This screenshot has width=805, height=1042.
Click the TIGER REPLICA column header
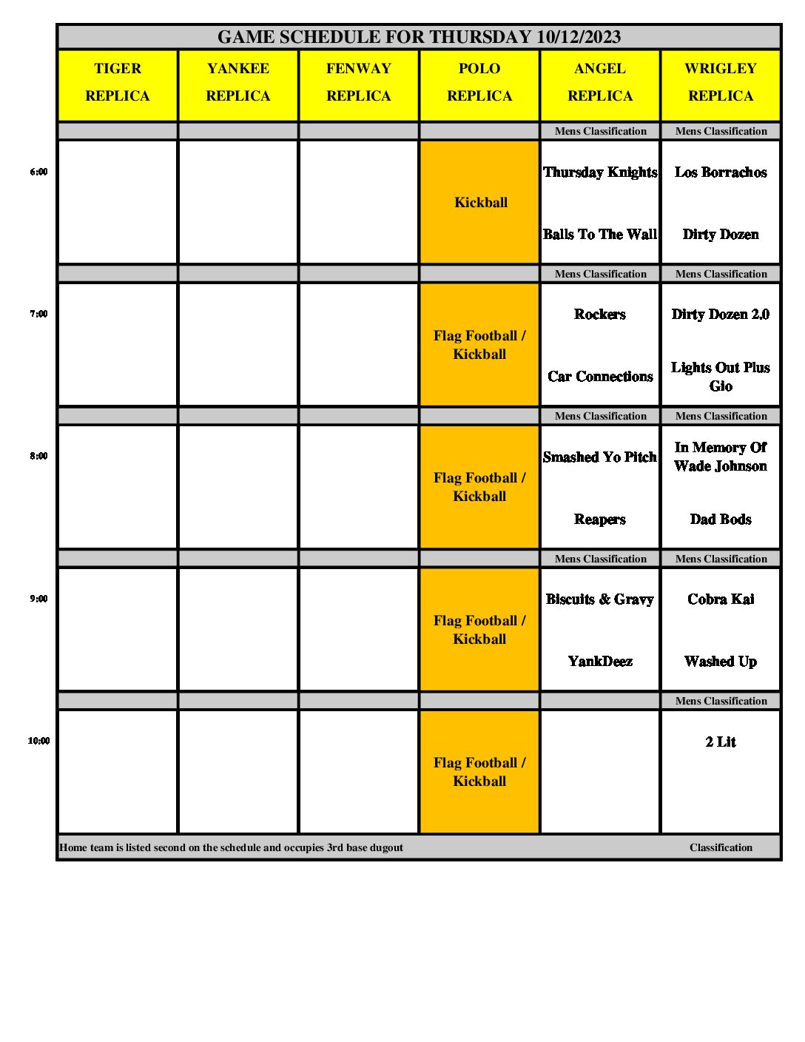[x=118, y=82]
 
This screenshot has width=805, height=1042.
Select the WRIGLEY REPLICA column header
[x=721, y=82]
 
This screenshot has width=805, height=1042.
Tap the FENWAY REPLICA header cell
[x=359, y=82]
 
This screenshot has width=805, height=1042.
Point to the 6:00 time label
[x=38, y=172]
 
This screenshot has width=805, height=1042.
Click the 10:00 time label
[x=38, y=741]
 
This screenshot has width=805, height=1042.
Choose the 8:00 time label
[x=38, y=456]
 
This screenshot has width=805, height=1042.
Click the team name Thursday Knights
[x=600, y=172]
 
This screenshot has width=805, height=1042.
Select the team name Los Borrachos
[x=721, y=172]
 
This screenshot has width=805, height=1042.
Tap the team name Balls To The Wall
[x=600, y=235]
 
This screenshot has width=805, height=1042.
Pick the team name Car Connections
[x=600, y=377]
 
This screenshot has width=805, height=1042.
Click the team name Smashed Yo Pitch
[x=600, y=457]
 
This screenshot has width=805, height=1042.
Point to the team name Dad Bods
[x=721, y=520]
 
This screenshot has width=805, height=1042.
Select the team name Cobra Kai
[x=721, y=599]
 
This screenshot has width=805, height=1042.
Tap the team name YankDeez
[x=600, y=662]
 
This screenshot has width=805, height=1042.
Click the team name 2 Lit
[x=721, y=742]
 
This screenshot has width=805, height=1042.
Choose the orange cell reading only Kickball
[x=480, y=203]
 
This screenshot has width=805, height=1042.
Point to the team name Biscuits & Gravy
[x=600, y=599]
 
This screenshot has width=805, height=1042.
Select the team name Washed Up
[x=721, y=662]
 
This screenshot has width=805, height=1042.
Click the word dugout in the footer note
[x=386, y=848]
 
